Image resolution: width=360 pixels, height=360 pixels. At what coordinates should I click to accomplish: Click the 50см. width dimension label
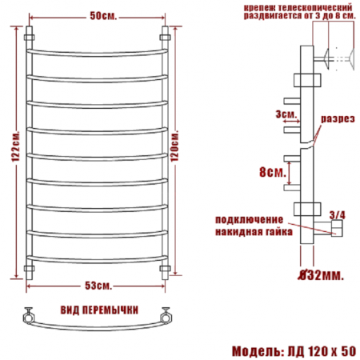pos(103,16)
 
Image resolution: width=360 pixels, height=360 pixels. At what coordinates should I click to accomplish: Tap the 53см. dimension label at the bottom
pos(98,286)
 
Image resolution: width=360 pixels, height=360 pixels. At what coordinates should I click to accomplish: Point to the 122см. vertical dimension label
pos(16,146)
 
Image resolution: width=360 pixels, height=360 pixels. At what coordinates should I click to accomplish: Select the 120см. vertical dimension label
pos(174,146)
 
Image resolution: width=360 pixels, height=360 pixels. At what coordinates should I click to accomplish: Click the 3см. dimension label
pos(286,114)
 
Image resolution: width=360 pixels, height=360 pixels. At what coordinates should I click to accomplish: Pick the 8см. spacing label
pos(273,172)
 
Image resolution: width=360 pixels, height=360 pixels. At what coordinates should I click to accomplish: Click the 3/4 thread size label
pos(338,215)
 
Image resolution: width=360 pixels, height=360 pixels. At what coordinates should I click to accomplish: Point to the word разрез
pos(338,118)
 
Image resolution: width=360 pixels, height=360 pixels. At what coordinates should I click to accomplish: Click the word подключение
pos(249,220)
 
